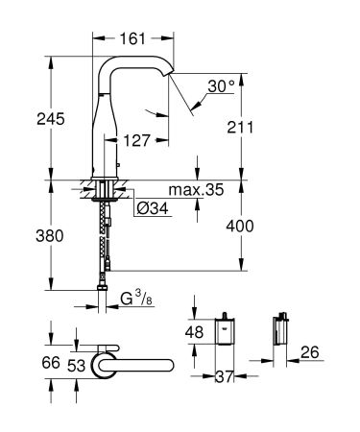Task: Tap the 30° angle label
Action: click(220, 85)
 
